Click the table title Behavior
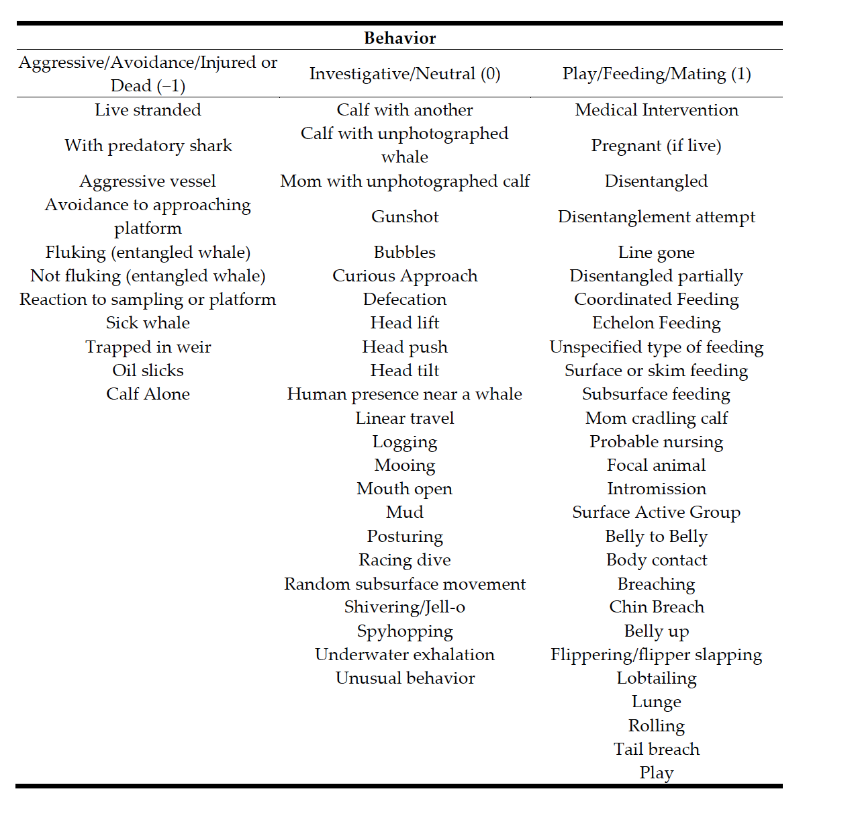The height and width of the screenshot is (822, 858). pos(399,38)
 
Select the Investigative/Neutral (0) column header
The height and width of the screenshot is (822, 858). pos(405,74)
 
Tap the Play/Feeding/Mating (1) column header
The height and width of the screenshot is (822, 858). pos(656,74)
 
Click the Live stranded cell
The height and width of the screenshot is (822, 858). pos(148,110)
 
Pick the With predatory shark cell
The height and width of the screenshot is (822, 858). pos(148,146)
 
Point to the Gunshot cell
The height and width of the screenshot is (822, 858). pos(405,217)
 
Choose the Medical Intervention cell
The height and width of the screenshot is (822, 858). pos(656,110)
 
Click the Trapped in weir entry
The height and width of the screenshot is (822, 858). pos(148,347)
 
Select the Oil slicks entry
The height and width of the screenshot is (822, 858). pos(148,371)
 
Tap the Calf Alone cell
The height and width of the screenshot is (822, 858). pos(148,394)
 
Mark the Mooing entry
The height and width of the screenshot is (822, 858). pos(405,465)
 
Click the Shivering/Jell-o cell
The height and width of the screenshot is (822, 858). pos(405,607)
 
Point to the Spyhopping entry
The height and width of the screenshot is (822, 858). pos(405,631)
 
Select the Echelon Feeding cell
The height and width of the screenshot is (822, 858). pos(656,323)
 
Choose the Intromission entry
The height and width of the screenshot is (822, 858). pos(656,489)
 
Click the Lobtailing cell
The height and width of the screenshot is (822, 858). pos(656,678)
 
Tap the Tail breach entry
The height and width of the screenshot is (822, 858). pos(656,749)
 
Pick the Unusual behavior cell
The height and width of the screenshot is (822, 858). pos(405,678)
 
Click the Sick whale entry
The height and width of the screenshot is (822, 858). pos(148,323)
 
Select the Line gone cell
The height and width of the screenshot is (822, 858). pos(656,253)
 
